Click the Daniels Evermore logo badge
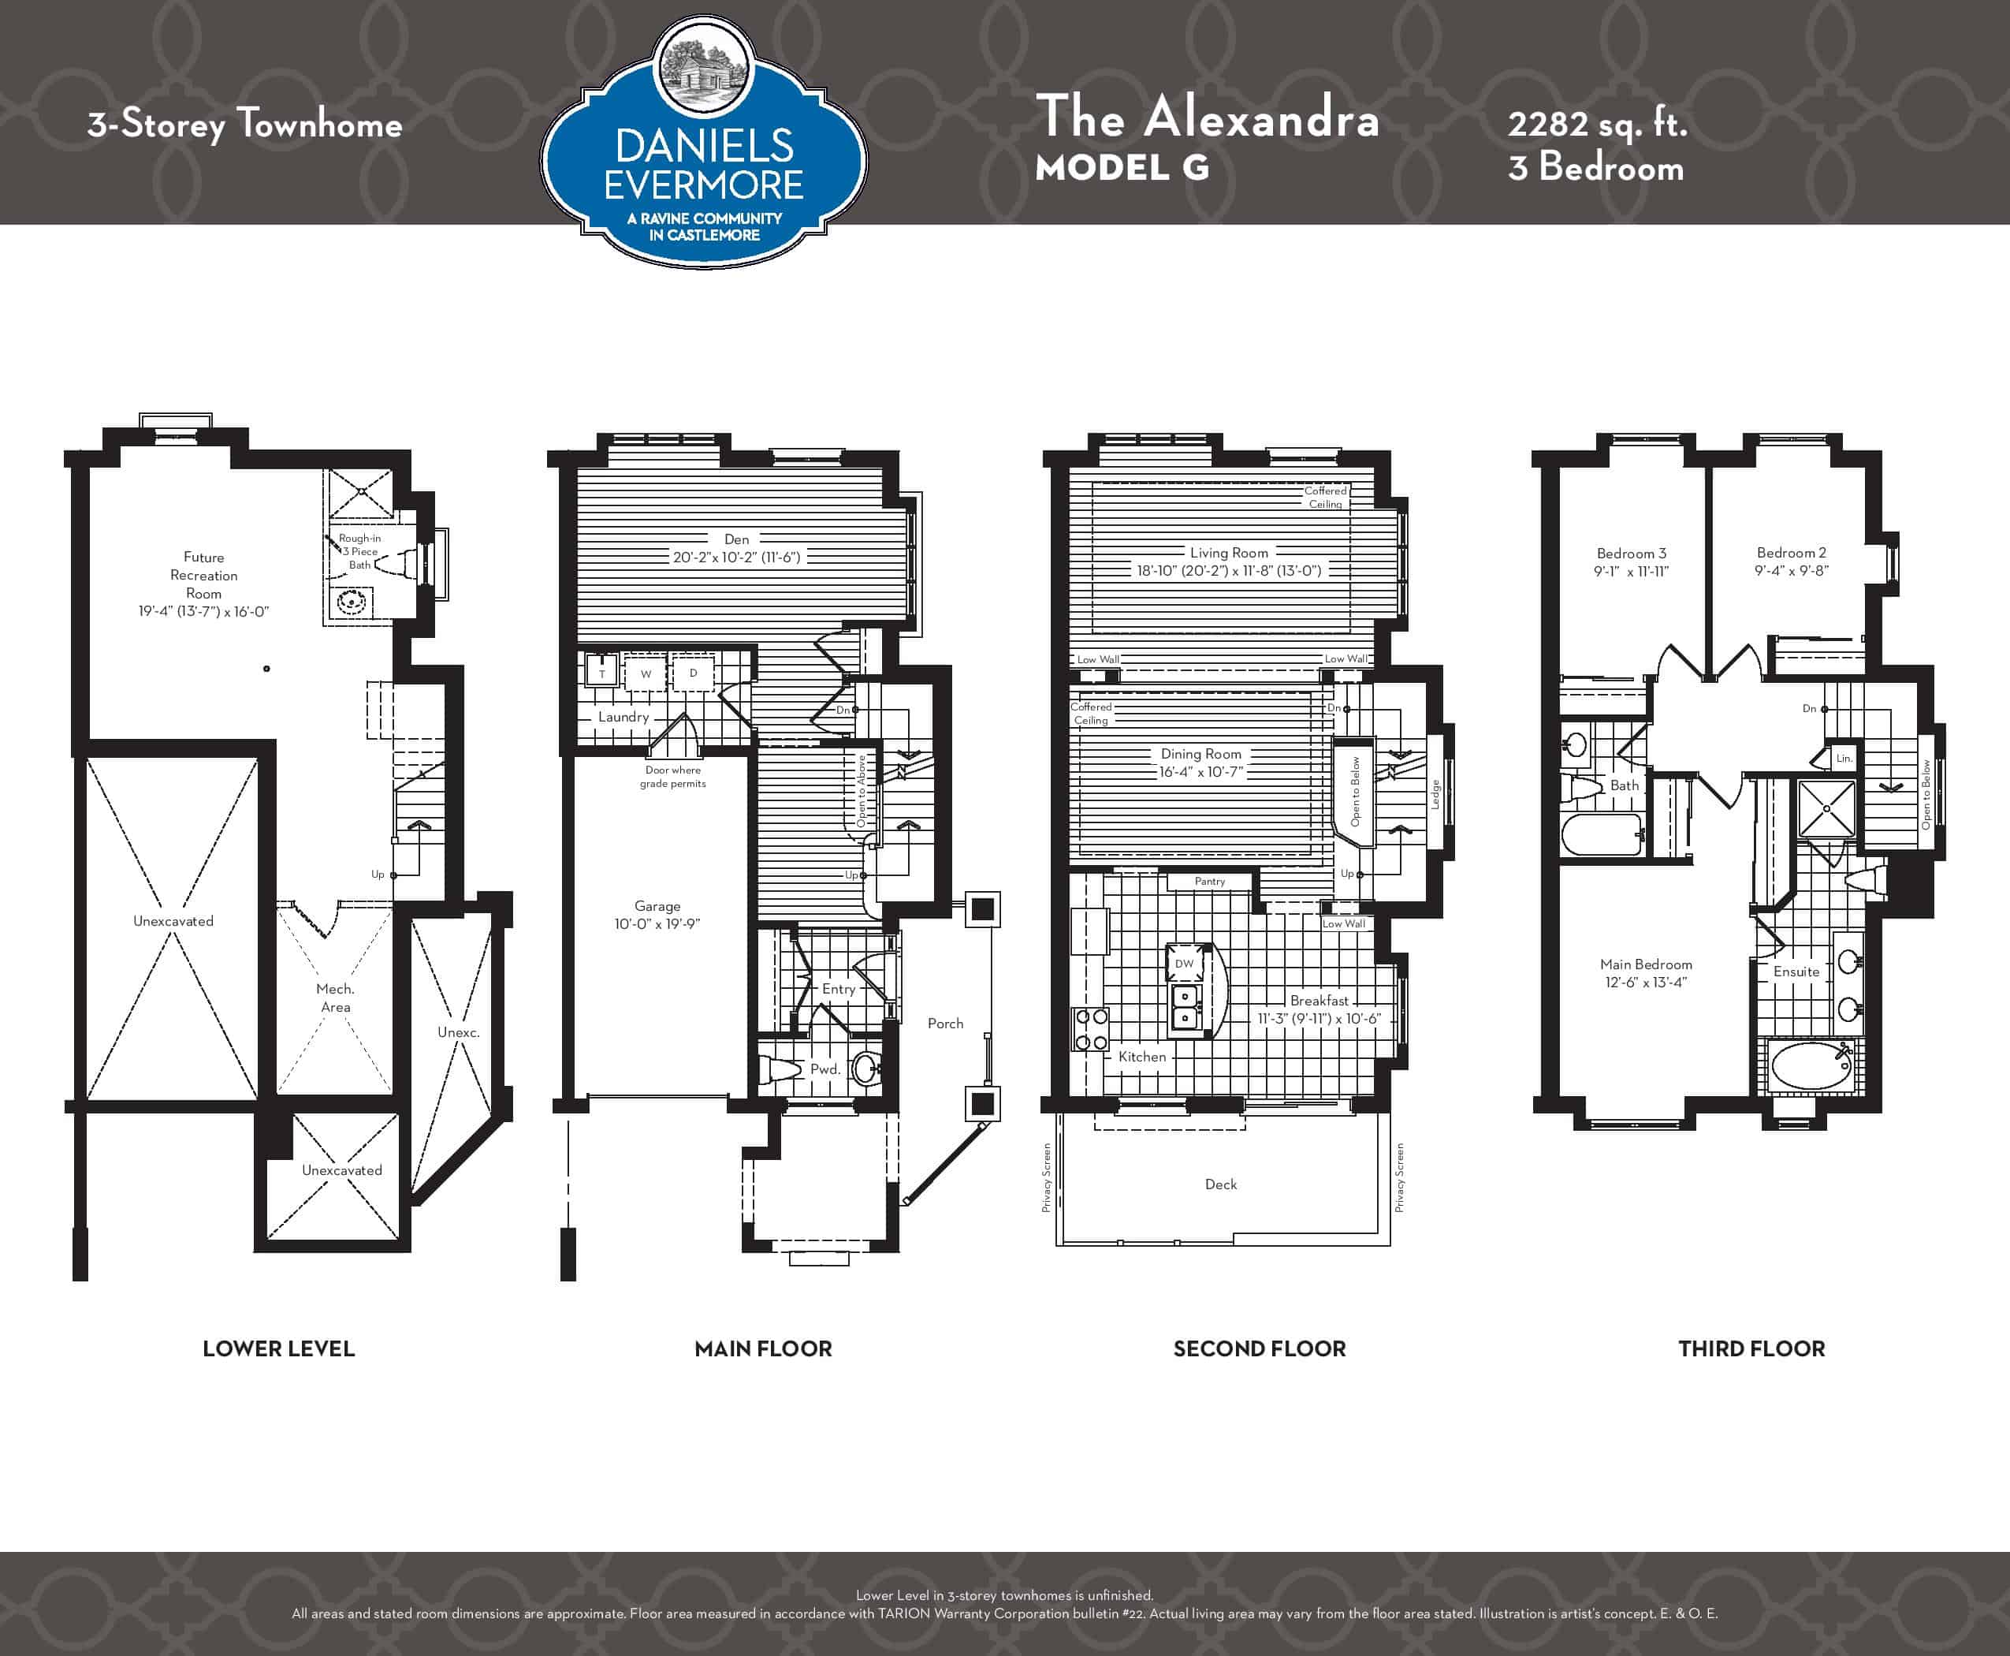(705, 143)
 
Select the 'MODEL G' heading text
(1122, 168)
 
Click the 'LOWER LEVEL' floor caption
(278, 1348)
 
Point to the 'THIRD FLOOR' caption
(1751, 1348)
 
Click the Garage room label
(657, 906)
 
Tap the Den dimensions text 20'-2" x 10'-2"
(736, 557)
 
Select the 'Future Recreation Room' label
(204, 575)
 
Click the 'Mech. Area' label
(335, 998)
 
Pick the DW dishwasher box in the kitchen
(1184, 964)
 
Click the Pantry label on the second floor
(1210, 882)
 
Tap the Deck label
(1220, 1184)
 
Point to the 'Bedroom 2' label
(1792, 552)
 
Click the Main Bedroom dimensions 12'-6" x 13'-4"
(1646, 983)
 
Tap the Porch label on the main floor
(945, 1024)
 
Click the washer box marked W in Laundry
(646, 673)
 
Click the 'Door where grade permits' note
(673, 777)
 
